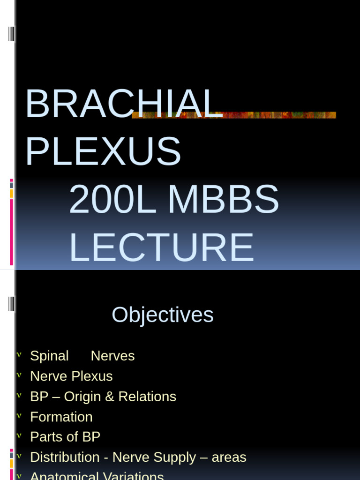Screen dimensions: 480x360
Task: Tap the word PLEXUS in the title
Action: coord(103,151)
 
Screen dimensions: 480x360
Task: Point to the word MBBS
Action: coord(223,200)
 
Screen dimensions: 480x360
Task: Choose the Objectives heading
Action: coord(162,315)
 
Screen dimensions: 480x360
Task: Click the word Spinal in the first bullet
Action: coord(49,356)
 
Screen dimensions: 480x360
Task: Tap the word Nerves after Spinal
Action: coord(112,356)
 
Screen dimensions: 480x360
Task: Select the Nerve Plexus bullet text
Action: coord(71,376)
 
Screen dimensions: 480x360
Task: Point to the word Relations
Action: coord(147,397)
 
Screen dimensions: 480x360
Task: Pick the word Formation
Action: coord(61,417)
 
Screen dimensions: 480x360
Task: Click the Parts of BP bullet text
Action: coord(65,437)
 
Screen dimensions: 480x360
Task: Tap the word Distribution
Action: coord(65,457)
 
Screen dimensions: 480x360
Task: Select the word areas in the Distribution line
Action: coord(229,457)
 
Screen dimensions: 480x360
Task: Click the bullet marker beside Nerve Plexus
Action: coord(19,375)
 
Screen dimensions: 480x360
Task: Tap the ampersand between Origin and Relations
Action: coord(110,397)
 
